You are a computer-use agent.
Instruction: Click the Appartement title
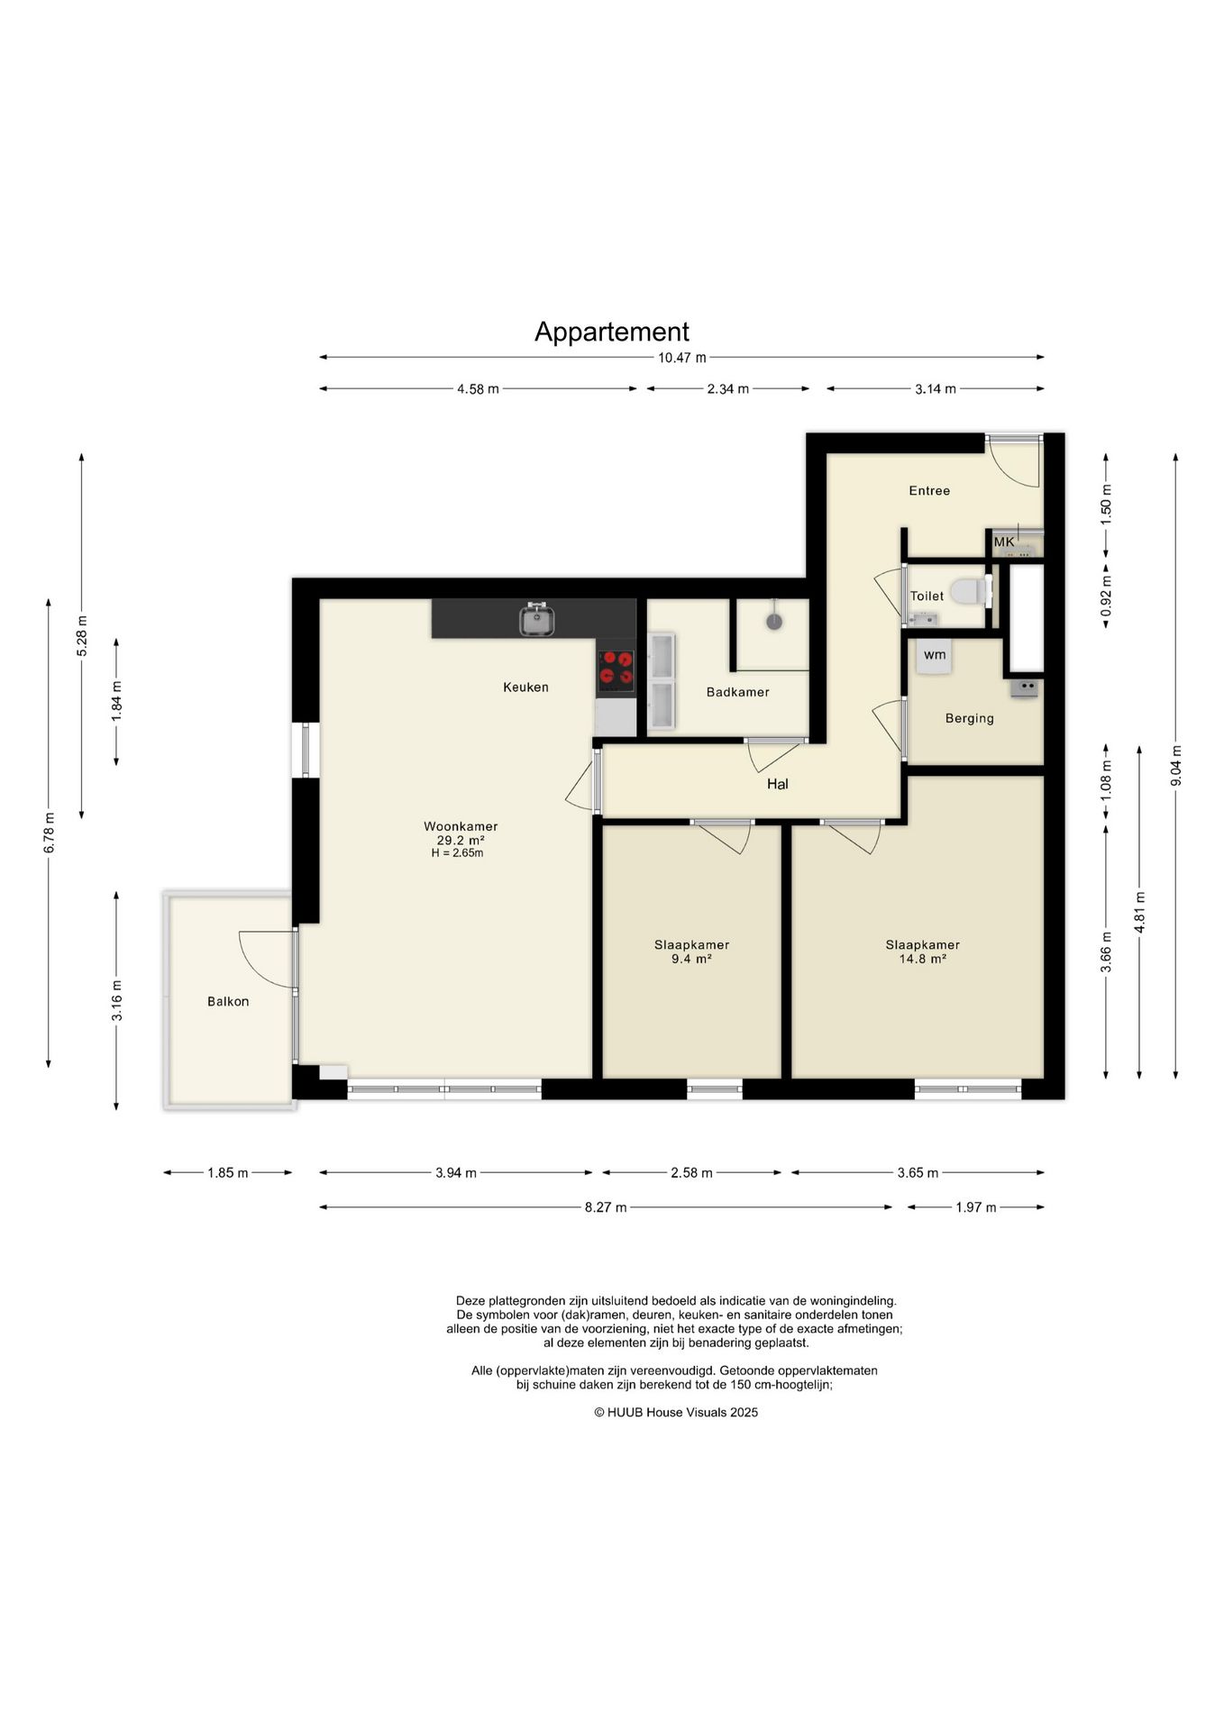click(611, 332)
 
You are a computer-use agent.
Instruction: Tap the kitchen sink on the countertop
click(537, 619)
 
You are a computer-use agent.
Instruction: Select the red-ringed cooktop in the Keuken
click(617, 670)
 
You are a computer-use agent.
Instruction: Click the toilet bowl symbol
click(970, 591)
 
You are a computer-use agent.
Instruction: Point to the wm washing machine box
click(935, 655)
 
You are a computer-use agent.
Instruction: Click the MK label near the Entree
click(1003, 542)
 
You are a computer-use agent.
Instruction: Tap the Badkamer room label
click(737, 692)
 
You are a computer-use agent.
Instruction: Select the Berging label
click(969, 718)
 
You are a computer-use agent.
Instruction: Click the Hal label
click(777, 784)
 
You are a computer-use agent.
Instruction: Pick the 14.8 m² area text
click(922, 960)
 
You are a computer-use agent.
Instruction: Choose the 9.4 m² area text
click(691, 960)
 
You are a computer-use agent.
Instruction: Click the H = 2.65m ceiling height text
click(457, 853)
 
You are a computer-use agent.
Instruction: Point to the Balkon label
click(228, 1001)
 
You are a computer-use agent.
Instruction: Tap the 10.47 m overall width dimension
click(681, 358)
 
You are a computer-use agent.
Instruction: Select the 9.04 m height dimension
click(1175, 765)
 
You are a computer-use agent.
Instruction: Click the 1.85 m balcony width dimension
click(227, 1173)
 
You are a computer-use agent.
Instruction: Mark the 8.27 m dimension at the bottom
click(606, 1207)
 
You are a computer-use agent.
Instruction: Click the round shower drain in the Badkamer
click(773, 621)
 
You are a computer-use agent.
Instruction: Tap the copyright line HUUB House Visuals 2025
click(676, 1412)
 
